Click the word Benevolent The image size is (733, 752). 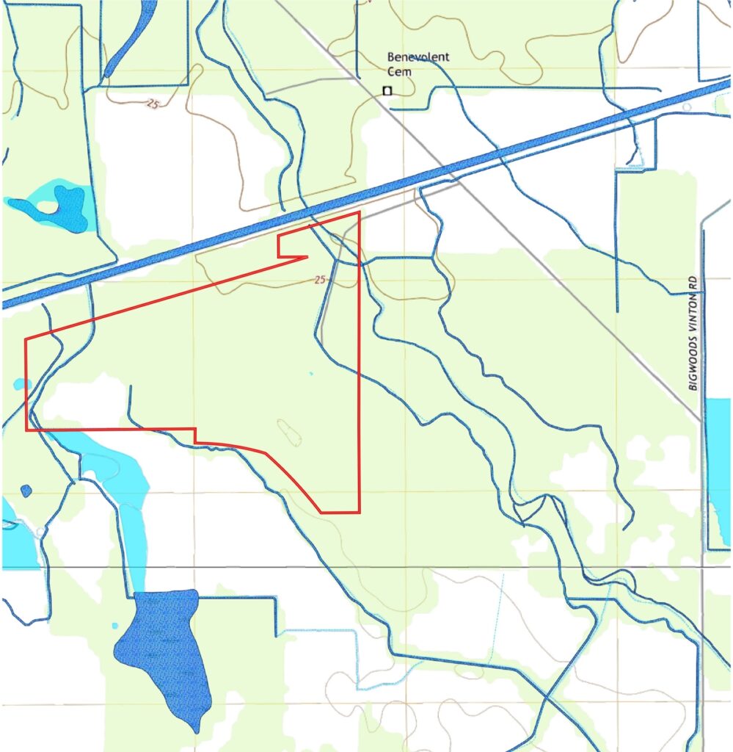tap(418, 58)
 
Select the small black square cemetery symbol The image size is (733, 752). tap(387, 90)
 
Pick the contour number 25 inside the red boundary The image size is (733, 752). tap(318, 280)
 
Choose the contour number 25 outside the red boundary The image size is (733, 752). tap(153, 104)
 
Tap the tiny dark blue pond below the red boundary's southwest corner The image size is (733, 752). tap(26, 491)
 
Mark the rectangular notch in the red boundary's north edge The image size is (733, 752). tap(291, 246)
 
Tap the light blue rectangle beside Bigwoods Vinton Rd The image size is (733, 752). tap(718, 470)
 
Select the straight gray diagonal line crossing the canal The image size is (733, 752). tap(514, 235)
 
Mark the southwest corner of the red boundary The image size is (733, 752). tap(27, 429)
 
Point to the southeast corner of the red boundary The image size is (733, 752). tap(360, 512)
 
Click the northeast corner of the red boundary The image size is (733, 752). tap(359, 213)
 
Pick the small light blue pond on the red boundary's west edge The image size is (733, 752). tap(21, 383)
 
